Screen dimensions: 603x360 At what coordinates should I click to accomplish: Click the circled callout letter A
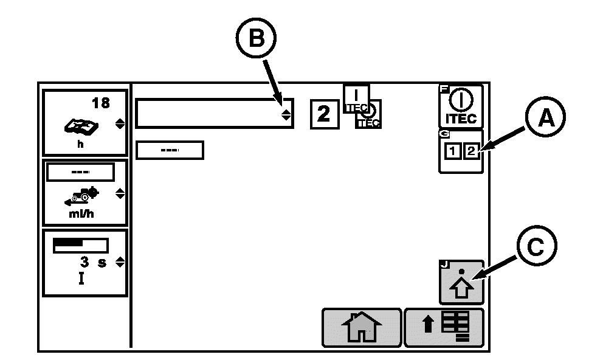[x=545, y=117]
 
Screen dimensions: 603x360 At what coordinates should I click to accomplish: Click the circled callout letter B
[x=256, y=38]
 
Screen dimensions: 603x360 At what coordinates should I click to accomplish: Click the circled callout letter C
[x=537, y=246]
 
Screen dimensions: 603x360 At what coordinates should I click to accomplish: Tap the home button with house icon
[x=362, y=328]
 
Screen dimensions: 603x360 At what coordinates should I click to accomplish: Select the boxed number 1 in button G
[x=453, y=151]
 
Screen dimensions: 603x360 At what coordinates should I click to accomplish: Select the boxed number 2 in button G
[x=471, y=151]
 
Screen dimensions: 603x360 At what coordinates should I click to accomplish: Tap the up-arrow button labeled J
[x=461, y=282]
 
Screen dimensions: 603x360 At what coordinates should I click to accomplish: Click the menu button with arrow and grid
[x=444, y=328]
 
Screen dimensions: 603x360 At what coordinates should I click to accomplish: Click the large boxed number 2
[x=325, y=114]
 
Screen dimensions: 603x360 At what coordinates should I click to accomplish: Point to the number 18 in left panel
[x=101, y=103]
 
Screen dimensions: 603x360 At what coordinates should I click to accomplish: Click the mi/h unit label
[x=81, y=214]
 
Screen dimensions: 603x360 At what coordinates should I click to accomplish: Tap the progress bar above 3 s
[x=80, y=246]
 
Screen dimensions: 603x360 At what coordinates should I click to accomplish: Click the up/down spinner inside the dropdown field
[x=286, y=114]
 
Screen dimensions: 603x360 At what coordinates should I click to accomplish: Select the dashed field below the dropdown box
[x=170, y=150]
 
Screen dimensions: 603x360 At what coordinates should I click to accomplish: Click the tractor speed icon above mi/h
[x=81, y=196]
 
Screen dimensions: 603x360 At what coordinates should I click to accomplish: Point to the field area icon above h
[x=81, y=126]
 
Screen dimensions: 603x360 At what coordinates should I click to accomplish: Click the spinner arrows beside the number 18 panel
[x=120, y=124]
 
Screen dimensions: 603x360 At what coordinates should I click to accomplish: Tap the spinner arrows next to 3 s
[x=120, y=262]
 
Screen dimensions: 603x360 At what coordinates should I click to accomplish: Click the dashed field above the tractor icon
[x=80, y=172]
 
